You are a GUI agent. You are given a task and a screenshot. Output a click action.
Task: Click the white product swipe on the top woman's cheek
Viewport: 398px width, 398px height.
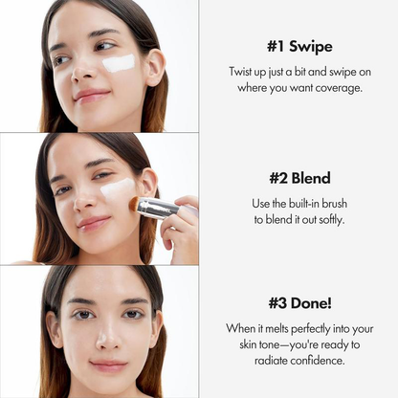pos(119,63)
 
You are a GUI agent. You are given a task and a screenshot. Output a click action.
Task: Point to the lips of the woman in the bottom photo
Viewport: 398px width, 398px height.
pos(107,365)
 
